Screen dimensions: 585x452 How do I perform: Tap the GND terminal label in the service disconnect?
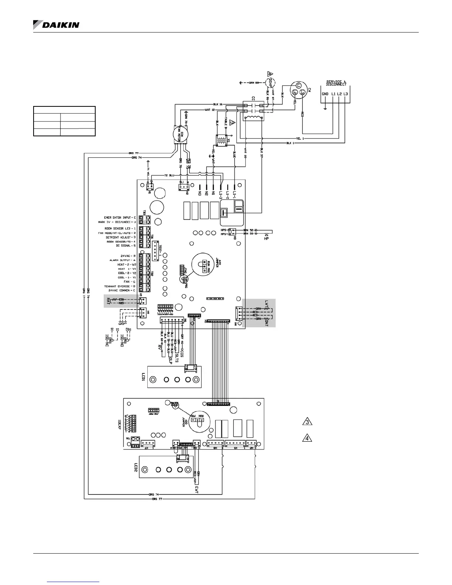tap(325, 94)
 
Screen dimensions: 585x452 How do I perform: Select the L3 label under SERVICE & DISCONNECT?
tap(345, 94)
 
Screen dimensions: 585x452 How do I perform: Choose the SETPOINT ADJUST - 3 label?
tap(120, 237)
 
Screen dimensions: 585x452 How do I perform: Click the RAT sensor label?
tap(108, 301)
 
